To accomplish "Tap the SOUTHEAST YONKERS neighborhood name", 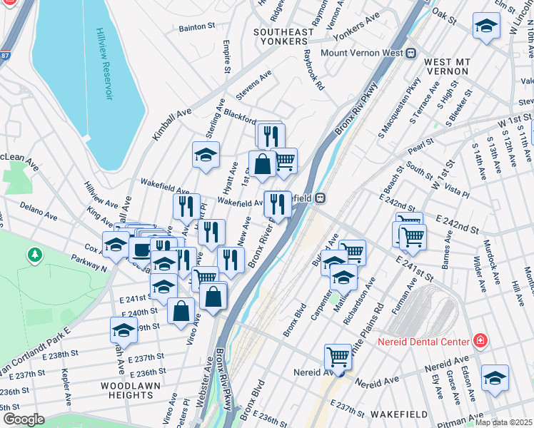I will (x=283, y=38).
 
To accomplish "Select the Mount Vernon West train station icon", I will (x=411, y=53).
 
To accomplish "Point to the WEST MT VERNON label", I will (x=446, y=67).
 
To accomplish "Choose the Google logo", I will (x=24, y=419).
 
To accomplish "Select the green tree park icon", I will (x=34, y=254).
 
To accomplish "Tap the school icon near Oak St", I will (x=486, y=26).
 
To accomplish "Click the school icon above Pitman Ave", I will (x=495, y=378).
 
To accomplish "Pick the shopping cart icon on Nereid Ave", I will (x=338, y=357).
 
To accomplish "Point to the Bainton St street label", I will (x=197, y=26).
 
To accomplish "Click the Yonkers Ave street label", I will (x=358, y=17).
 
